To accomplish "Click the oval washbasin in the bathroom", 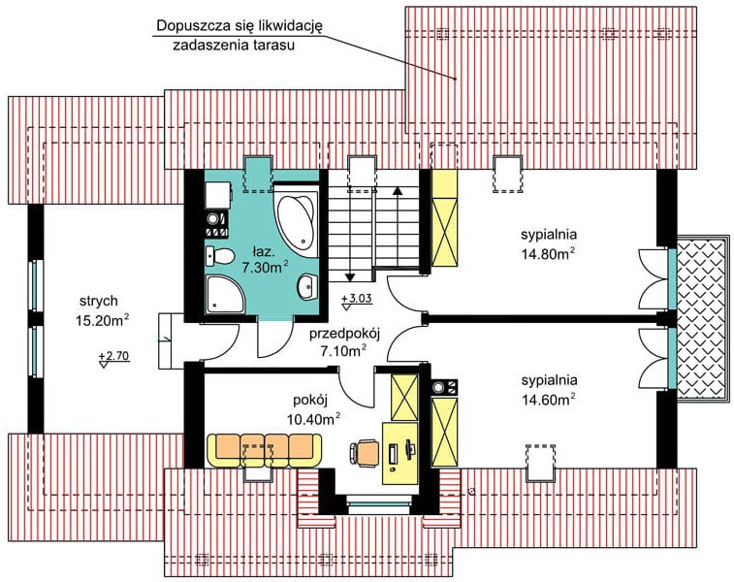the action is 308,285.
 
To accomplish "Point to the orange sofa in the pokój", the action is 265,450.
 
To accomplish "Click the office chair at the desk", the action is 366,453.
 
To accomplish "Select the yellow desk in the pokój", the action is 400,453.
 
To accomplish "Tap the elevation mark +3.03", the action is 357,302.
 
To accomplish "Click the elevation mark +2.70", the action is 113,359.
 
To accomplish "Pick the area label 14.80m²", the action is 548,254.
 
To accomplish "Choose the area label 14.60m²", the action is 548,400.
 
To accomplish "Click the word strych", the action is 98,301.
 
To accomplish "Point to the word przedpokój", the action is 344,334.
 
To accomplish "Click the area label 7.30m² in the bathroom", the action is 265,268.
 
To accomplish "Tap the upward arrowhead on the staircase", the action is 398,190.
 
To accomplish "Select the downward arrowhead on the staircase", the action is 350,277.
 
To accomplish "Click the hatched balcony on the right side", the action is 703,318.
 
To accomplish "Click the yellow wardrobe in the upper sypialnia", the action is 444,217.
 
